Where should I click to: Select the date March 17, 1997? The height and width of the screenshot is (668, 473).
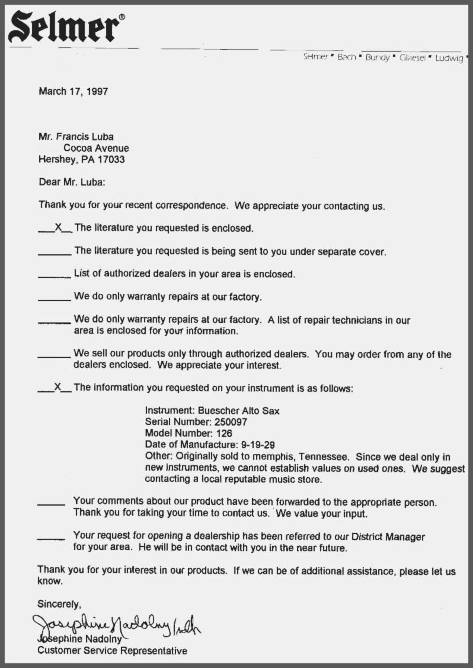[x=73, y=91]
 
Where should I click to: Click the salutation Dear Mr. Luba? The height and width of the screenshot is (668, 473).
[x=72, y=183]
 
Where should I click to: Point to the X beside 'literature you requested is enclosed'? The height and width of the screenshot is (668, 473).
[x=57, y=226]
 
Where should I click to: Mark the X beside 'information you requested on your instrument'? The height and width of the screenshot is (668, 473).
[x=57, y=387]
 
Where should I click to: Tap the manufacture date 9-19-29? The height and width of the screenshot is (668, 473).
[x=254, y=445]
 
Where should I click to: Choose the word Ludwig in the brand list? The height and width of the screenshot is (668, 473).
[x=449, y=58]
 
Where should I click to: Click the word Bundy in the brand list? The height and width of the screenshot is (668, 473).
[x=377, y=57]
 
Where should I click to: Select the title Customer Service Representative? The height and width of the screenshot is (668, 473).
[x=112, y=651]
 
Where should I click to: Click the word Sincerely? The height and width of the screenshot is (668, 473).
[x=59, y=605]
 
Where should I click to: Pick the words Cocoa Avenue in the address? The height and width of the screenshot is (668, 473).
[x=96, y=148]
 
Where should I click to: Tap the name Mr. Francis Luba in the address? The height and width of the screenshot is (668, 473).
[x=76, y=137]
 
